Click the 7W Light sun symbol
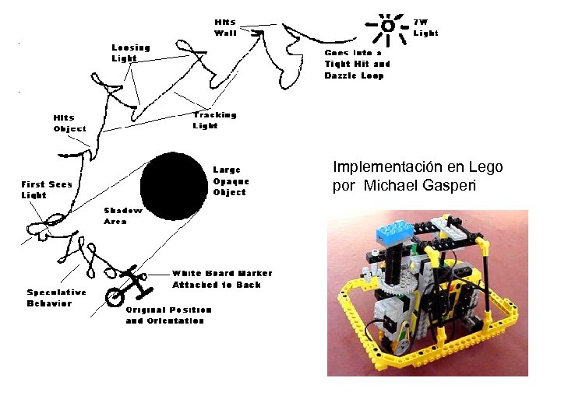point(387,26)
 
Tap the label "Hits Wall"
point(226,27)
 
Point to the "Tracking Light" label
point(214,120)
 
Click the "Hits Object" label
point(69,123)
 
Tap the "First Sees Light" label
point(44,190)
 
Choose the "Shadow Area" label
point(123,215)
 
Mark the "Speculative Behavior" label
point(56,298)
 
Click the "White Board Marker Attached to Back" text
point(222,279)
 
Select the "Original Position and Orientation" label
point(168,315)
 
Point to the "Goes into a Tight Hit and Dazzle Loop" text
point(357,64)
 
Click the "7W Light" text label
point(425,27)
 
